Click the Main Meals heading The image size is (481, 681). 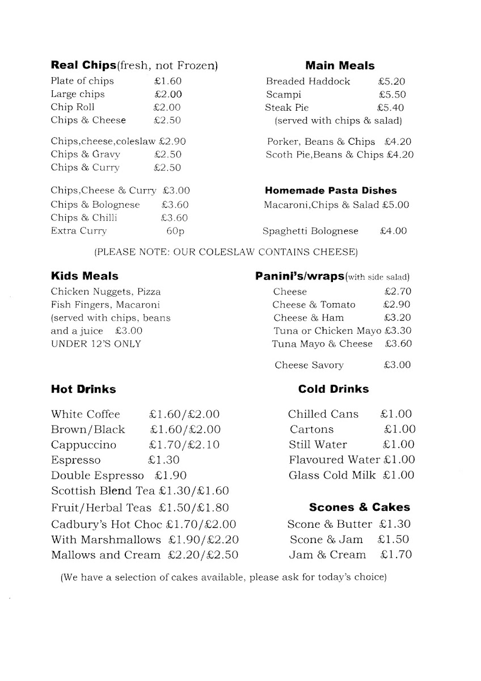tap(340, 66)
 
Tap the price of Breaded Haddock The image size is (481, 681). tap(391, 82)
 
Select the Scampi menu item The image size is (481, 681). tap(284, 95)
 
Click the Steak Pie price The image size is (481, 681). tap(390, 107)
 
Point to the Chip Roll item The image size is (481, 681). tap(73, 107)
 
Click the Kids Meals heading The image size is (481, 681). tap(85, 276)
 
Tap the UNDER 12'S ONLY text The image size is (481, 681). tap(96, 343)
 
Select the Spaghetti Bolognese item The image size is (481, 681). tap(311, 231)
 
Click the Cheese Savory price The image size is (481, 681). tap(397, 365)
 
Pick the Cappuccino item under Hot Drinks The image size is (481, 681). tap(83, 444)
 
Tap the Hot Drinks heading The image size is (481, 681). tap(83, 389)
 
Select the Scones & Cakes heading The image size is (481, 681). tap(359, 507)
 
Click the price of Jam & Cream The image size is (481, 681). tap(396, 554)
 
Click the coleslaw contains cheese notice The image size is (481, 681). tap(225, 251)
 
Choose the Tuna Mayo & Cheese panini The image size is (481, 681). tap(322, 343)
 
